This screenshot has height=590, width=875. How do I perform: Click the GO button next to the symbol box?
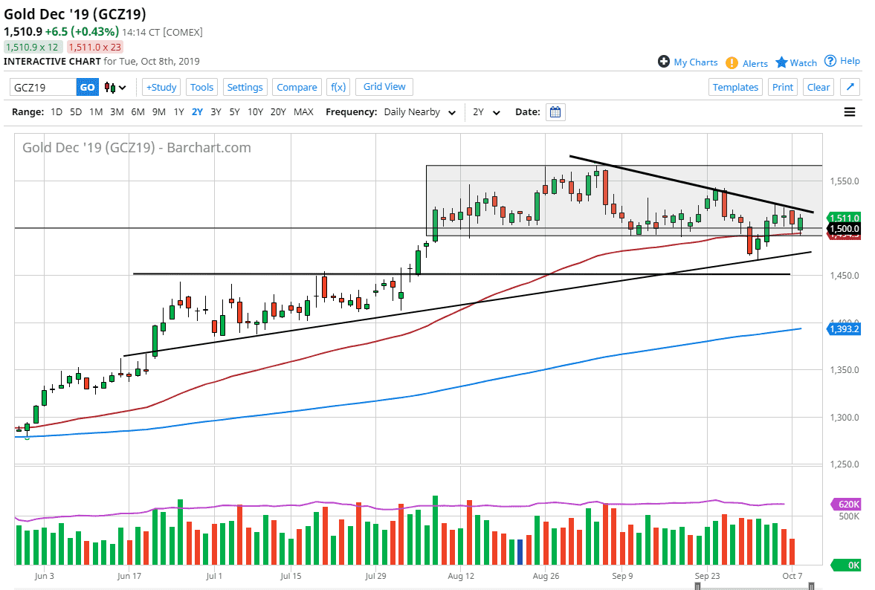click(87, 87)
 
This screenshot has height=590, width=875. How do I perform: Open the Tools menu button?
click(201, 87)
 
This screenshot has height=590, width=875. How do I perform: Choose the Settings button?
click(245, 87)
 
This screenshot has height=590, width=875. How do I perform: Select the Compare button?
click(297, 87)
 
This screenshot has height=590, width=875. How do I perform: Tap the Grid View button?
click(384, 87)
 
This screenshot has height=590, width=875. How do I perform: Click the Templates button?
click(735, 87)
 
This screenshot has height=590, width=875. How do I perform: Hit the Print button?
click(782, 87)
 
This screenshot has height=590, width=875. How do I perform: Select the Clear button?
click(818, 87)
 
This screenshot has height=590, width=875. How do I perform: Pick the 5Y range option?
click(234, 112)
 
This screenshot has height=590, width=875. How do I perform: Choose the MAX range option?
click(303, 112)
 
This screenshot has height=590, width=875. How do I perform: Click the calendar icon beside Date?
click(556, 112)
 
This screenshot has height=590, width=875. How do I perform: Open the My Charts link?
click(688, 62)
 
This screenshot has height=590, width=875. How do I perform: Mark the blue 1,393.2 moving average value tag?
click(844, 328)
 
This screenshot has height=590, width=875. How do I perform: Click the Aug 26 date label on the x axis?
click(546, 575)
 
